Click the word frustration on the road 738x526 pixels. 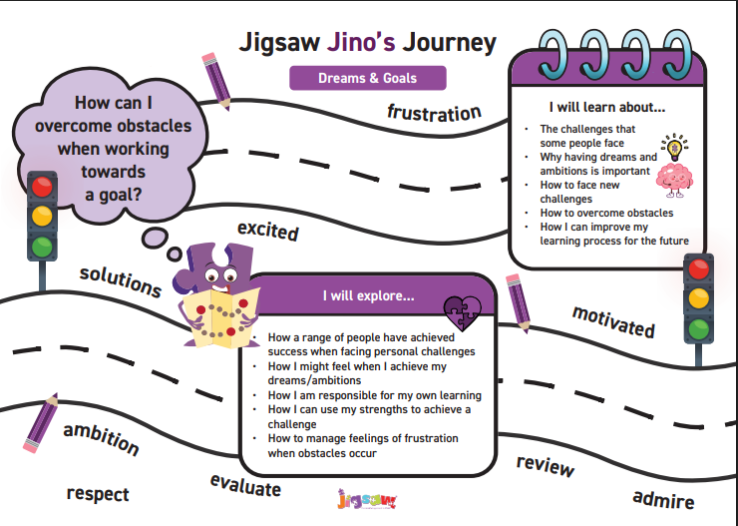pos(434,112)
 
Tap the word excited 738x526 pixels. pos(267,231)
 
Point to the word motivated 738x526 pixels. pos(612,320)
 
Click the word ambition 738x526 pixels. pos(100,436)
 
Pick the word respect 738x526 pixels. pos(98,493)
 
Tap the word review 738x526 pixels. pos(545,465)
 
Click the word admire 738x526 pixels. pos(663,497)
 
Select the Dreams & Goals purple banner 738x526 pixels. pos(367,78)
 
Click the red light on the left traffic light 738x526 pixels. pos(42,186)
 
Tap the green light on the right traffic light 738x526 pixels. pos(698,328)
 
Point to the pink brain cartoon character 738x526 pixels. pos(674,179)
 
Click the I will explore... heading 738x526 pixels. pos(368,296)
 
